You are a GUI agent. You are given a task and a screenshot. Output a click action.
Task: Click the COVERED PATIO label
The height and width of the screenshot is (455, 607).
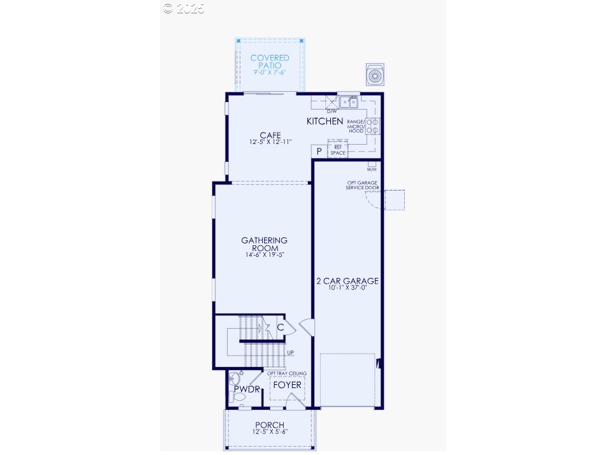point(270,62)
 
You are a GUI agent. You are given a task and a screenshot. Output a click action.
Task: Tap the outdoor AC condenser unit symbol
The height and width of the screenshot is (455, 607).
point(374,75)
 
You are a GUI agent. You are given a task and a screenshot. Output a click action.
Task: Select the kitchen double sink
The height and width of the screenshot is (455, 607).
point(348,101)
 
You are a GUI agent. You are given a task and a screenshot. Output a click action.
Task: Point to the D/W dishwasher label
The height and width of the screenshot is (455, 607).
point(331,111)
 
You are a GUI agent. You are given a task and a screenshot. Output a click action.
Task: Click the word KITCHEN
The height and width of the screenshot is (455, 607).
point(325,121)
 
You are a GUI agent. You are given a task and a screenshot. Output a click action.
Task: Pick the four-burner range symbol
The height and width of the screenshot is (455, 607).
point(372,126)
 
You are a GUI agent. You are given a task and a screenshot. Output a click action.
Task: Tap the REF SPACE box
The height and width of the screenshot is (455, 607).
point(338,150)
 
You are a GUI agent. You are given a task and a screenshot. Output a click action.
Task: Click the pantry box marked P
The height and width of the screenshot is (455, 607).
point(319,151)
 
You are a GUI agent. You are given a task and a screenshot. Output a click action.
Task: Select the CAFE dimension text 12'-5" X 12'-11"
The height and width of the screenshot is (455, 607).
point(270,142)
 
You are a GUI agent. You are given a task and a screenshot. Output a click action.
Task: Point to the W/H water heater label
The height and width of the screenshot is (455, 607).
point(372,170)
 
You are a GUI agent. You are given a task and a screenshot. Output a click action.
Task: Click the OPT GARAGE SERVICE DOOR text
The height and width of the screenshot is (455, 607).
point(362,185)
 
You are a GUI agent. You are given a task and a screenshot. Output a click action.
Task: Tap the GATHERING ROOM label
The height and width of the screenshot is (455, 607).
point(264,244)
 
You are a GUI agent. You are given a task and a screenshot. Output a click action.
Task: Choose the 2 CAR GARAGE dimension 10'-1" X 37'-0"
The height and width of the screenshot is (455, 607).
point(347,288)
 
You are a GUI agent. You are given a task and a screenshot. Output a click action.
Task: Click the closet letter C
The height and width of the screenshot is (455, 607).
point(281,328)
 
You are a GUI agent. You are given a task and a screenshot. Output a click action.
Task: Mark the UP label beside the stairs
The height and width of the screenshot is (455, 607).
point(291,352)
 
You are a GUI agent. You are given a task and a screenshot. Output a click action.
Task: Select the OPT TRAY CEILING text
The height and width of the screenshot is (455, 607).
point(286,373)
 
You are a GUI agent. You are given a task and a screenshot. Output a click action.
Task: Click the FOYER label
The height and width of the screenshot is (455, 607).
point(287,386)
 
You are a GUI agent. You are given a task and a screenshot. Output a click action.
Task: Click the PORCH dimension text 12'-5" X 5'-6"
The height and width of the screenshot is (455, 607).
point(269,432)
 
